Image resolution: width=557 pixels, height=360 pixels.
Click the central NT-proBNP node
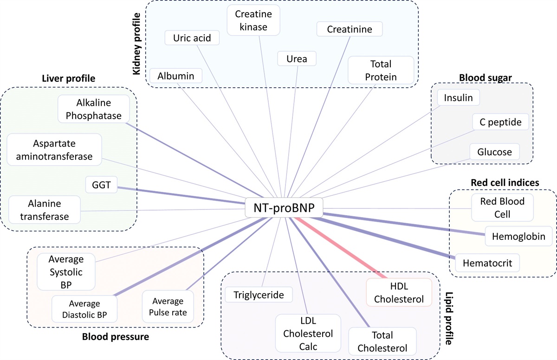[284, 209]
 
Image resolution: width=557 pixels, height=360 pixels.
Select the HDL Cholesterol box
[399, 292]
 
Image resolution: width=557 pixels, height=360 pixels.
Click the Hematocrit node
[487, 263]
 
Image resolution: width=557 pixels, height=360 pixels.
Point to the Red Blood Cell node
[503, 208]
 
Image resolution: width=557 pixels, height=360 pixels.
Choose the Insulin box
[458, 98]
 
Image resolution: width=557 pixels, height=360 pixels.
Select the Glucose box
[494, 152]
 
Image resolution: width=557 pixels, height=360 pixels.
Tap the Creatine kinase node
[250, 20]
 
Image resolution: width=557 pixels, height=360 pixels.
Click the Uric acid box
[192, 38]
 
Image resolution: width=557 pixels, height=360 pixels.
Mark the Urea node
[296, 59]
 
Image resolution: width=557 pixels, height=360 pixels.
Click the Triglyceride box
[259, 295]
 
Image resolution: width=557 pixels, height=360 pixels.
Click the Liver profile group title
[69, 78]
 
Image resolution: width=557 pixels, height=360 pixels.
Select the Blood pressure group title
[115, 337]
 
